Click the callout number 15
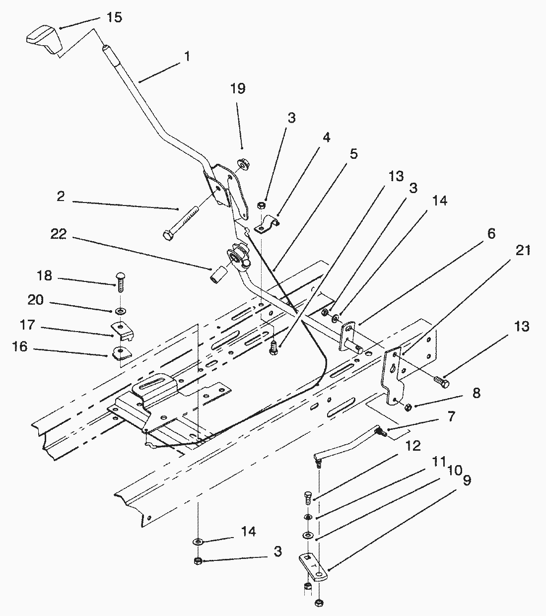tap(114, 17)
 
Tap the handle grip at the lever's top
tap(43, 40)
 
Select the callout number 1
tap(187, 56)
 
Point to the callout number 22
tap(59, 235)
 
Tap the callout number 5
tap(353, 154)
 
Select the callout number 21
tap(523, 251)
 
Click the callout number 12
tap(413, 445)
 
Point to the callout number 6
tap(491, 233)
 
